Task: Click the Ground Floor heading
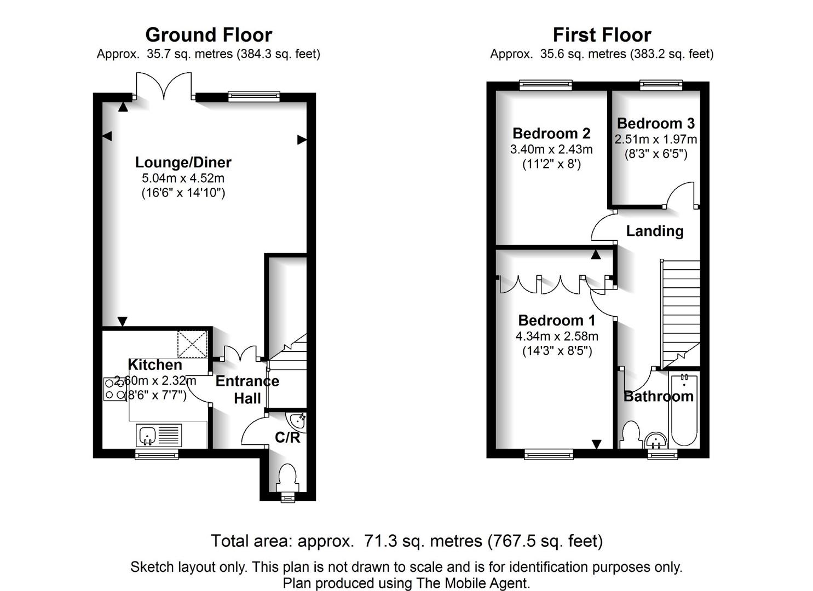coord(209,35)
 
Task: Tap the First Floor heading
coord(602,35)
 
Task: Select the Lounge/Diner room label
coord(183,162)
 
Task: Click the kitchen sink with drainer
coord(159,435)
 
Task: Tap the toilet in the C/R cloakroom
coord(288,478)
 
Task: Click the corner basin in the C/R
coord(298,422)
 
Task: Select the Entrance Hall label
coord(247,390)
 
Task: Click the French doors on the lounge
coord(164,86)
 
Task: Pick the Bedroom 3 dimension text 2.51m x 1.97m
coord(656,140)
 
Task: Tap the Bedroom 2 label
coord(551,134)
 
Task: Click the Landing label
coord(655,231)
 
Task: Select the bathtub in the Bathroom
coord(684,410)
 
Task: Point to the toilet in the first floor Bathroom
coord(631,434)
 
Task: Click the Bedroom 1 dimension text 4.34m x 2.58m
coord(557,337)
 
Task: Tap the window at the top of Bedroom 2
coord(545,85)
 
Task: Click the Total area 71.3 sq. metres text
coord(407,541)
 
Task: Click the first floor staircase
coord(680,314)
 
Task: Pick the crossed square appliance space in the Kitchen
coord(192,344)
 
